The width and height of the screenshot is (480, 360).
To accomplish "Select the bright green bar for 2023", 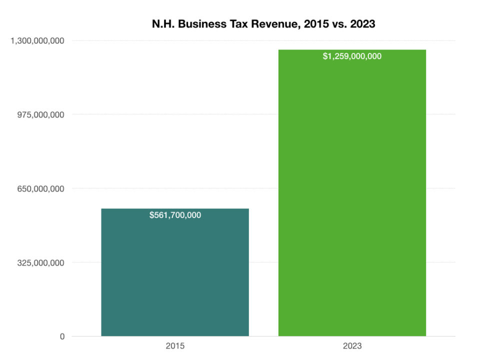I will (x=352, y=200).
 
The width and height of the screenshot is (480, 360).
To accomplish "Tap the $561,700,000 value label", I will (x=175, y=215).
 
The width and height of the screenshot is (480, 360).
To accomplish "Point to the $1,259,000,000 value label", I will (x=352, y=56).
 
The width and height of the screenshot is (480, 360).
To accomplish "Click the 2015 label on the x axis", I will (x=175, y=346).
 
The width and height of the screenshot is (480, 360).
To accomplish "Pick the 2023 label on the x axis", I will (x=352, y=346).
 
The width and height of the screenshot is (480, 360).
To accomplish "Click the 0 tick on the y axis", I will (x=62, y=336).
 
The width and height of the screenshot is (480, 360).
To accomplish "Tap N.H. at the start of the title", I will (x=161, y=23).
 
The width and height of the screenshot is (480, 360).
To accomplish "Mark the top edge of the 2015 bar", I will (x=175, y=208).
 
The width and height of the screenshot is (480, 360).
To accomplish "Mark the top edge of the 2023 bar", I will (x=352, y=50).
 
